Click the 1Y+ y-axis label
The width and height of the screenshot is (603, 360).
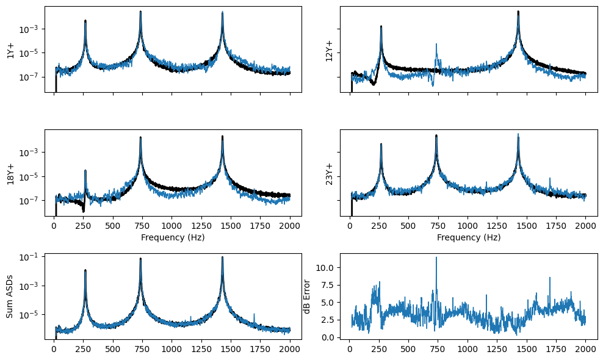[10, 49]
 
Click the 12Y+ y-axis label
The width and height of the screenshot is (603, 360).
[330, 49]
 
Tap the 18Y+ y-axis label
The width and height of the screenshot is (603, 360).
[10, 173]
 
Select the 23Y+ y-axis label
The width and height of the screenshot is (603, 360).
[330, 173]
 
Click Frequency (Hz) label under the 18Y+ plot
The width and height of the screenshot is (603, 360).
[173, 237]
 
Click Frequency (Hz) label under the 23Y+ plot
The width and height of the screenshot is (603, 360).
[469, 237]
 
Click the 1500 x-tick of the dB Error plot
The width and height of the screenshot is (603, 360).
[527, 348]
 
